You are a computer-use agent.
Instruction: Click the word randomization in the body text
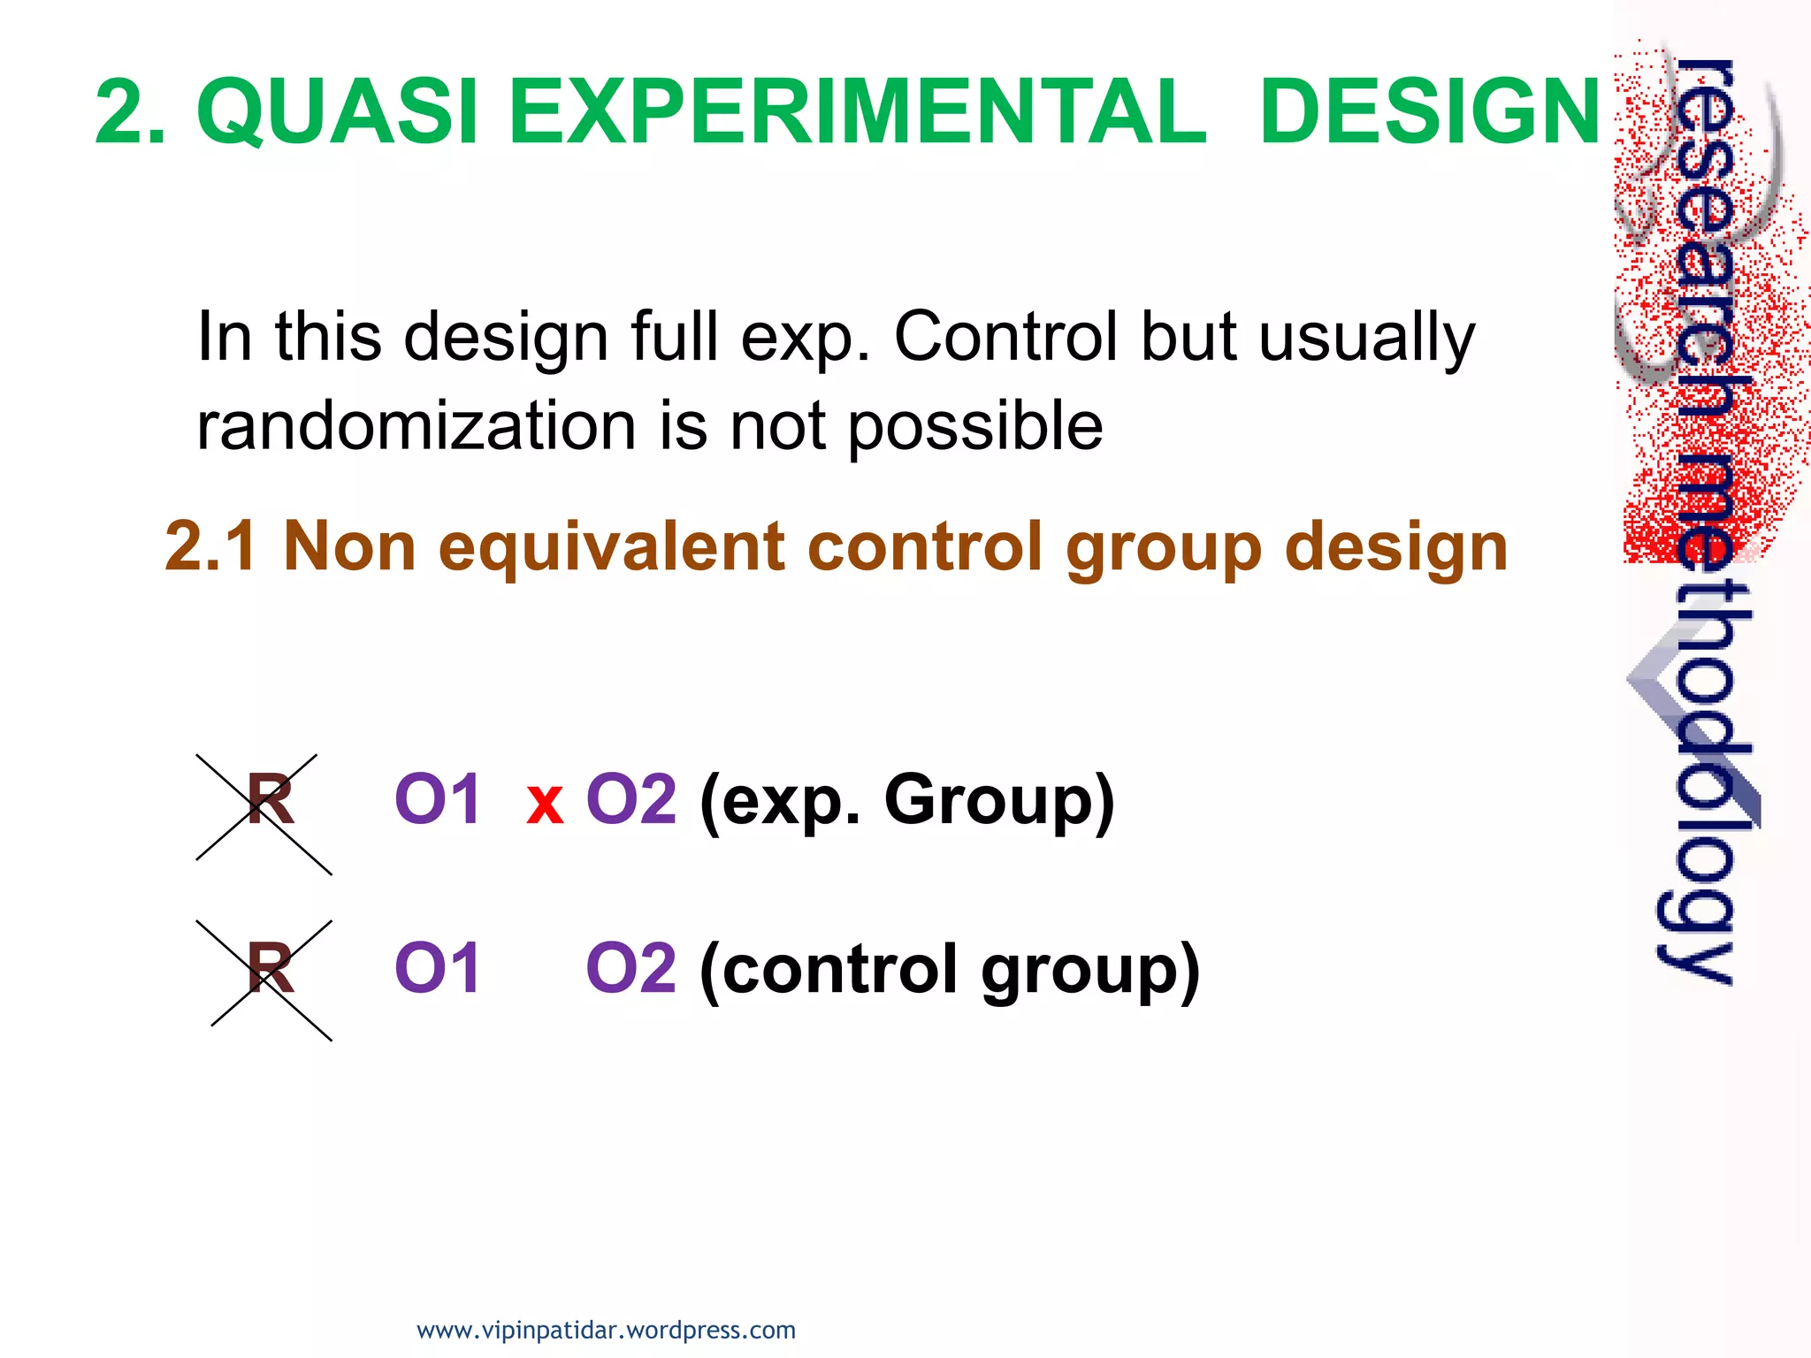416,426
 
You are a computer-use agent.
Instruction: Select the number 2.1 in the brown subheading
210,545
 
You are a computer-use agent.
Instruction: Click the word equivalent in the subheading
611,547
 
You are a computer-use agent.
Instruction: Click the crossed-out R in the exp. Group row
269,801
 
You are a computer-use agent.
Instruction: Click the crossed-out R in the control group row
269,969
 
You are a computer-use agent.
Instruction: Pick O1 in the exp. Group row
437,799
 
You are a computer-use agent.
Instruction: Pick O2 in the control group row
631,968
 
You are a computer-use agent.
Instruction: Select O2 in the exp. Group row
631,799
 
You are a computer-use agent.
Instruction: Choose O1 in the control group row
437,968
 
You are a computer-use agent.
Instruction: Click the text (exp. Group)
906,801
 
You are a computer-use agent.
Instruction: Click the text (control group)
949,971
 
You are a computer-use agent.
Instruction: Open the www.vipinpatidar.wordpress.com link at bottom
606,1330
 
